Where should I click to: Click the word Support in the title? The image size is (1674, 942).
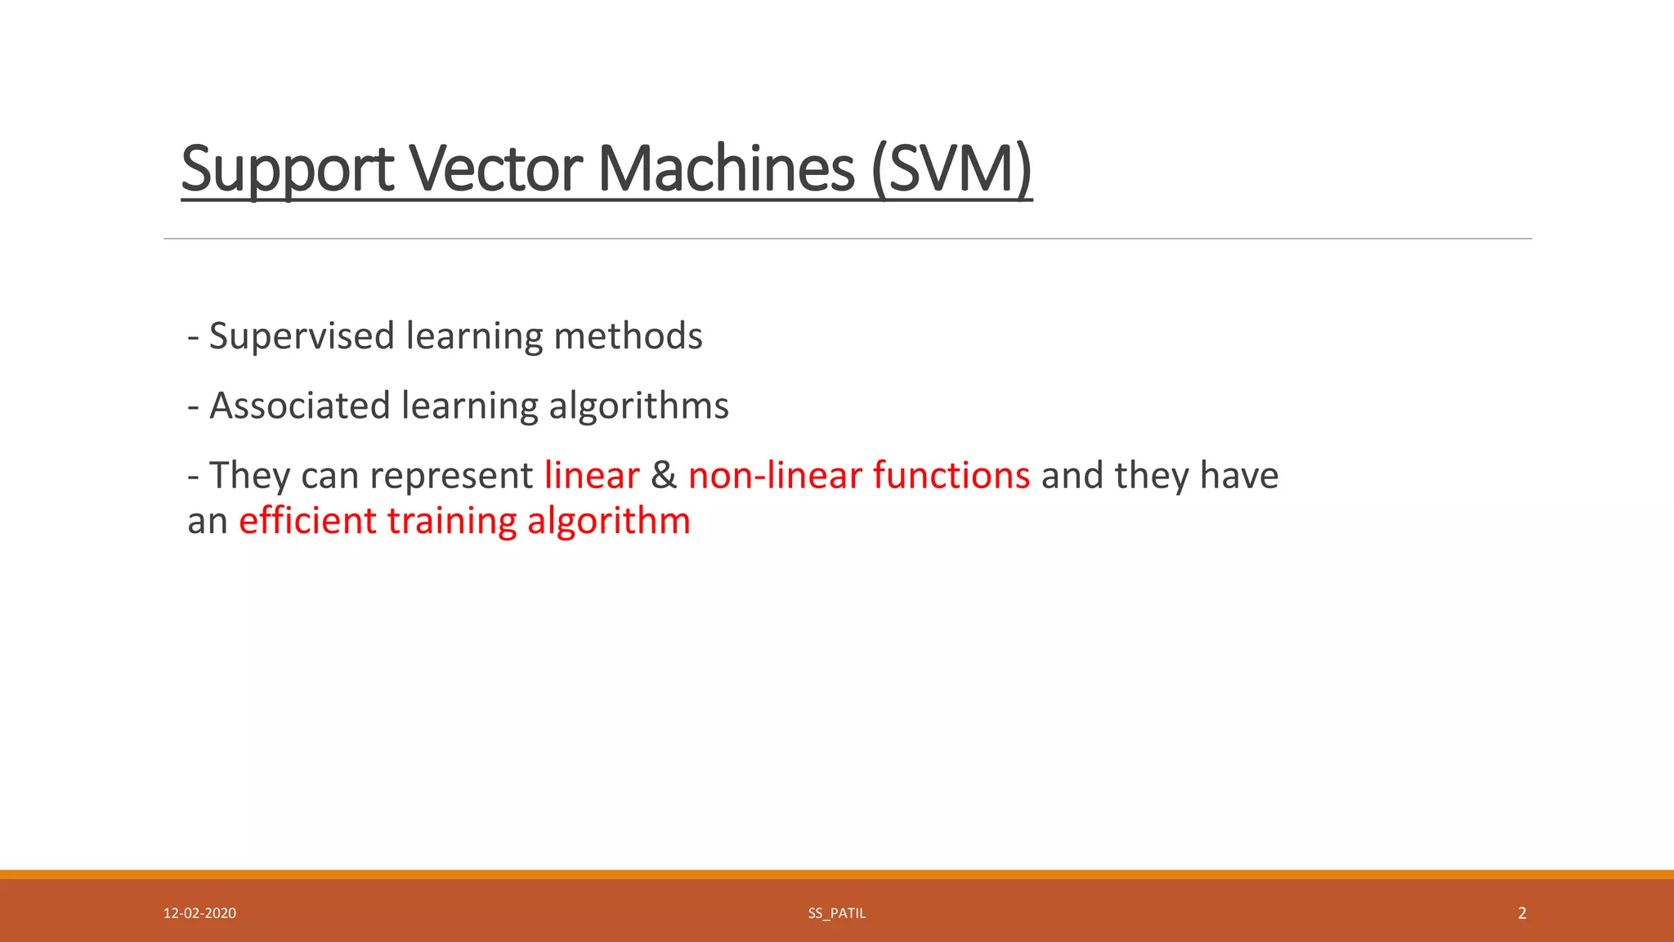[287, 169]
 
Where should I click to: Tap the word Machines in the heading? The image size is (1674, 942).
[726, 169]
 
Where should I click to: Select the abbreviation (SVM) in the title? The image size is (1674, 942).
[951, 169]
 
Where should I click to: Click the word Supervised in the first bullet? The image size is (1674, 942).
[302, 336]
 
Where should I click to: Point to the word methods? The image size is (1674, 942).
[627, 336]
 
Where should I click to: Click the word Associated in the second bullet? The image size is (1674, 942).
[300, 406]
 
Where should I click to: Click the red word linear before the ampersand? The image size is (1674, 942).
[591, 476]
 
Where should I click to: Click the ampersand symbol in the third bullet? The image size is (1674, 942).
[664, 476]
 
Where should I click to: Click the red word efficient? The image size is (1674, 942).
[307, 521]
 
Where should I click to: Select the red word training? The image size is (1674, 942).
[451, 521]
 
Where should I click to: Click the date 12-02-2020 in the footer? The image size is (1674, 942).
[199, 913]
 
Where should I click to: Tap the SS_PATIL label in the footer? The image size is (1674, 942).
[836, 913]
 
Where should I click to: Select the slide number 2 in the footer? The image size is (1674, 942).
[1521, 913]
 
